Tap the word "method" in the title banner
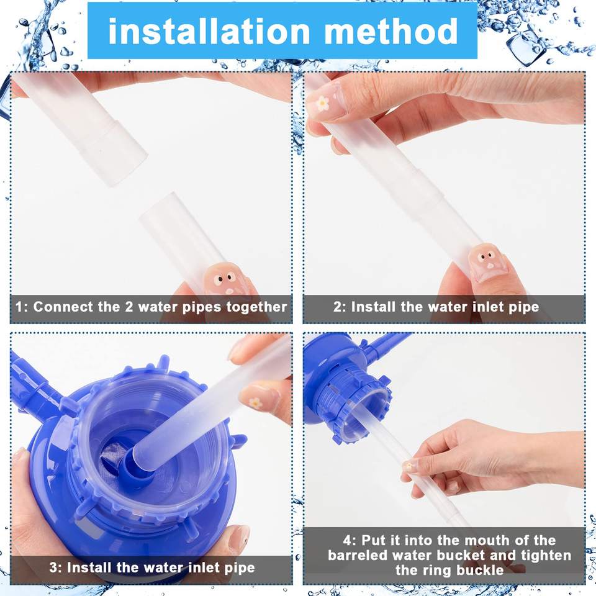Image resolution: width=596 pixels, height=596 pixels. click(391, 31)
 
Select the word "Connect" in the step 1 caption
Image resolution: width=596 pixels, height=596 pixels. click(63, 307)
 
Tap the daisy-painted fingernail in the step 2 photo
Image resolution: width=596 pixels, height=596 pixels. click(323, 102)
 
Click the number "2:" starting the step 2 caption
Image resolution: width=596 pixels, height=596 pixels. click(340, 307)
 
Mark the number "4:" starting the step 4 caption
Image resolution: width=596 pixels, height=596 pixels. click(350, 540)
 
